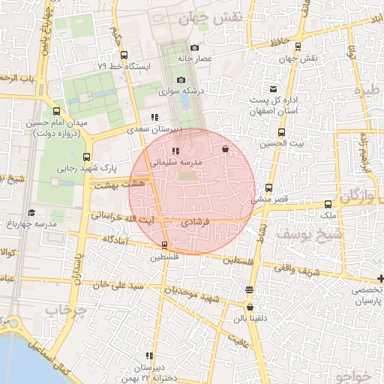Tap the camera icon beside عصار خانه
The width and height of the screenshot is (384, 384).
[x=195, y=47]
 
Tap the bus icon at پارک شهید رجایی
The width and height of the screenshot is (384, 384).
[x=87, y=157]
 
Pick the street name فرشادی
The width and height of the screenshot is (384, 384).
[x=197, y=223]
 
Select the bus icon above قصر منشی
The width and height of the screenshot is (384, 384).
[x=268, y=188]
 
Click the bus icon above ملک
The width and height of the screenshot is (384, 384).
[x=328, y=204]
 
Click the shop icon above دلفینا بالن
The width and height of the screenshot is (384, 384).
[x=250, y=307]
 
